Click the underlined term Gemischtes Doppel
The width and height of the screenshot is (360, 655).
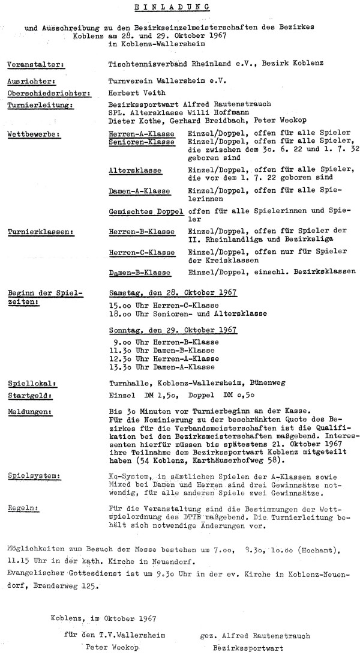pos(146,212)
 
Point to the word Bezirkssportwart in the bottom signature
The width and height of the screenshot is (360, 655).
pos(242,648)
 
